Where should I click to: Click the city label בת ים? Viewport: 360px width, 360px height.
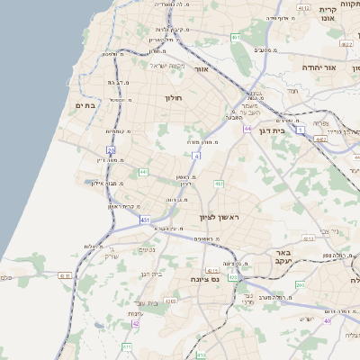85,106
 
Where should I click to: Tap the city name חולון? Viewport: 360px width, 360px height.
174,96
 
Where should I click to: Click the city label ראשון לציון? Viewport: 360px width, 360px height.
219,218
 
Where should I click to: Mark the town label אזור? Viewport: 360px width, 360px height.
202,68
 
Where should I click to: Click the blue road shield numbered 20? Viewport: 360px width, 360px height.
111,150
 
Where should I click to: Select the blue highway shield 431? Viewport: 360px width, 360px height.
146,219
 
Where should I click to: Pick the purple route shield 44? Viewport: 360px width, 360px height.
247,129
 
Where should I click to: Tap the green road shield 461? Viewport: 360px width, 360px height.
235,38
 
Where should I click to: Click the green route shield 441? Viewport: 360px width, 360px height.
143,171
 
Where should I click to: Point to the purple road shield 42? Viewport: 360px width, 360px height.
136,323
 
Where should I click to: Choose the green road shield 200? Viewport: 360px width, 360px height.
300,285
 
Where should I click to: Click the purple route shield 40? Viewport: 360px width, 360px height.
328,321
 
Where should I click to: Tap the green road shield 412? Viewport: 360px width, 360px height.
218,184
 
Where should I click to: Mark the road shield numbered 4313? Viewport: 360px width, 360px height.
213,270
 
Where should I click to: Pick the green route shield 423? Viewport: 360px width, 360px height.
233,278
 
